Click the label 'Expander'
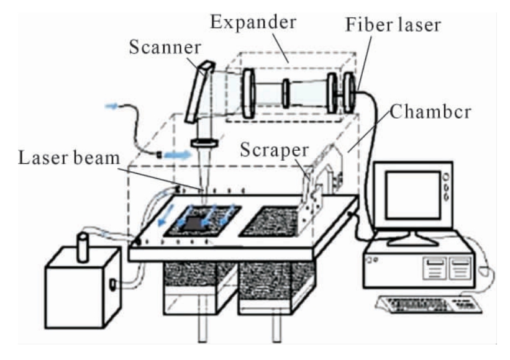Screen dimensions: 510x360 tap(253, 23)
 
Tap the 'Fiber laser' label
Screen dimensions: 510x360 tap(393, 25)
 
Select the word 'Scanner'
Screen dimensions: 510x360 tap(165, 47)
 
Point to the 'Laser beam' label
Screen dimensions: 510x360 tap(69, 158)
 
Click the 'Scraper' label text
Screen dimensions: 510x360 tap(274, 151)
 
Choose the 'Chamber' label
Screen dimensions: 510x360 tap(430, 112)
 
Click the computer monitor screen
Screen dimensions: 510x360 tap(413, 196)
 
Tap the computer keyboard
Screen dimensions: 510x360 tap(429, 304)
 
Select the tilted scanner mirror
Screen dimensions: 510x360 tap(199, 92)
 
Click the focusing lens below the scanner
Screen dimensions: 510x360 tap(204, 143)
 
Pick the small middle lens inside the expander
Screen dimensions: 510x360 tap(286, 94)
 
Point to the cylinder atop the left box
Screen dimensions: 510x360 tap(83, 247)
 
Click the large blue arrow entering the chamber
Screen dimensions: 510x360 tap(177, 155)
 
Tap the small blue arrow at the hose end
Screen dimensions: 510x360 tap(111, 106)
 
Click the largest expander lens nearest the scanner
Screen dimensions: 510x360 tap(249, 93)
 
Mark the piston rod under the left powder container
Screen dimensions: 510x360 tap(203, 328)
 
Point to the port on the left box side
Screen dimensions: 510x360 tap(113, 284)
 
